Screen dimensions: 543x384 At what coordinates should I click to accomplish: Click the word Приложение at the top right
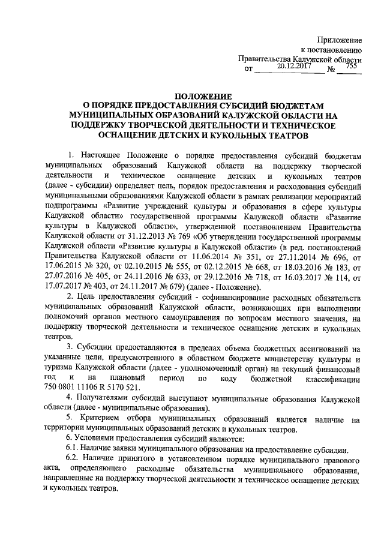[x=341, y=38]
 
